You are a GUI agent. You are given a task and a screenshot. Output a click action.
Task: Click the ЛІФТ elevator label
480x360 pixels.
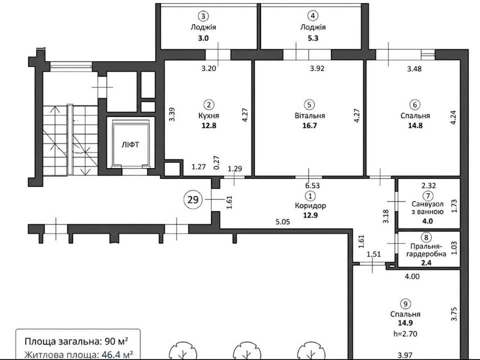tap(130, 144)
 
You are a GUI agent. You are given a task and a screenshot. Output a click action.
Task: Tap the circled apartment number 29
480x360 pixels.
tap(193, 200)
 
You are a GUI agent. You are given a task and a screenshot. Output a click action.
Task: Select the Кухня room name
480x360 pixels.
tap(209, 115)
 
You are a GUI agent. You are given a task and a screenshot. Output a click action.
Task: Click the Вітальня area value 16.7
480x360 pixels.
tap(309, 125)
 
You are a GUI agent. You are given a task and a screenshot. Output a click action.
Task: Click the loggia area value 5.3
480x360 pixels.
tap(313, 38)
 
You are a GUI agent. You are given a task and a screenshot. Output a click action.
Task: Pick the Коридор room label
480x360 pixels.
tap(310, 205)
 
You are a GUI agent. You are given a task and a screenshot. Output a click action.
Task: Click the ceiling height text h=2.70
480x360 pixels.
tap(405, 333)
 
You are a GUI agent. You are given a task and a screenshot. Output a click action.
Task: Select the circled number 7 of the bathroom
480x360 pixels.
tap(427, 195)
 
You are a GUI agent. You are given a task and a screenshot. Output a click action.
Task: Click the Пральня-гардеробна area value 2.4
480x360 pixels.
tap(426, 262)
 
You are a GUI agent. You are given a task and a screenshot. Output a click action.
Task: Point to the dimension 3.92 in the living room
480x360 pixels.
tap(317, 68)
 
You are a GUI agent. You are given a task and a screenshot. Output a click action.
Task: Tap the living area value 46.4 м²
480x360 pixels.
tap(117, 355)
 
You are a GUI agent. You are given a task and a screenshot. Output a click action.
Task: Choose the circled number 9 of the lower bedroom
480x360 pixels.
tap(405, 304)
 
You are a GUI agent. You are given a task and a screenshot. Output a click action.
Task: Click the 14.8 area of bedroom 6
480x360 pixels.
tap(415, 125)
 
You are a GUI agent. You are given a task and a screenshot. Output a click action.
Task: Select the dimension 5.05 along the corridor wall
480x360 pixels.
tap(282, 222)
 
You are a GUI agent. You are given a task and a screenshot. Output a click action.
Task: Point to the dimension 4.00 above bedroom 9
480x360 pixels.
tap(412, 276)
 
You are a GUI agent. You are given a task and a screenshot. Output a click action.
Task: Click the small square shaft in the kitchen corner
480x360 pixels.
tap(172, 168)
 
